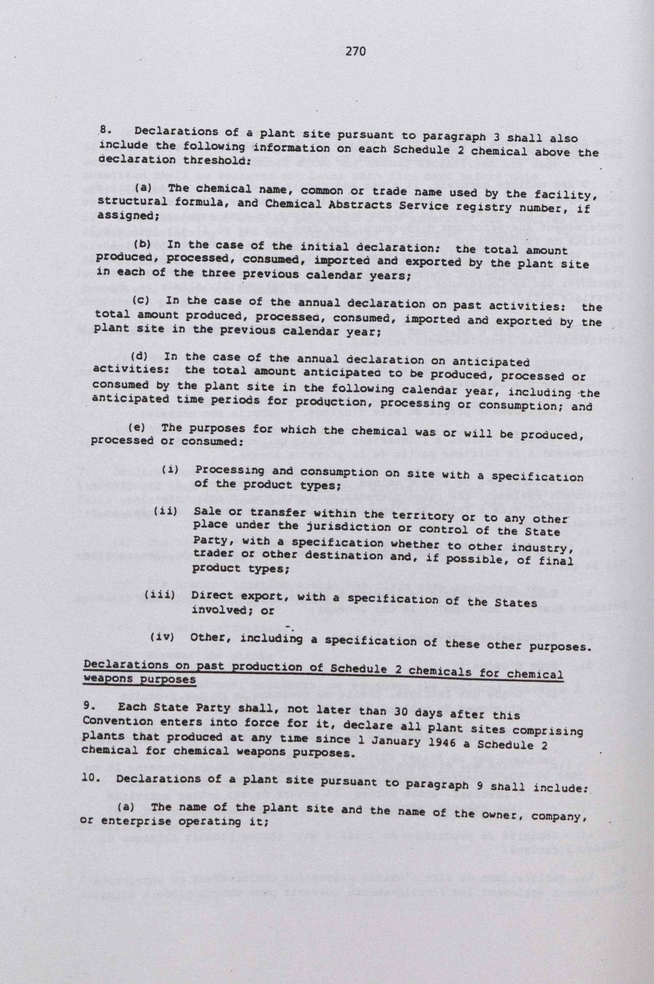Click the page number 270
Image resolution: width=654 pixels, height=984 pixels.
point(356,51)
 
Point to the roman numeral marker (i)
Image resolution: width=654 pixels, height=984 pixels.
point(170,470)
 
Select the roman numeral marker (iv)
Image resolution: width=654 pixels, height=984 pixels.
point(162,637)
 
